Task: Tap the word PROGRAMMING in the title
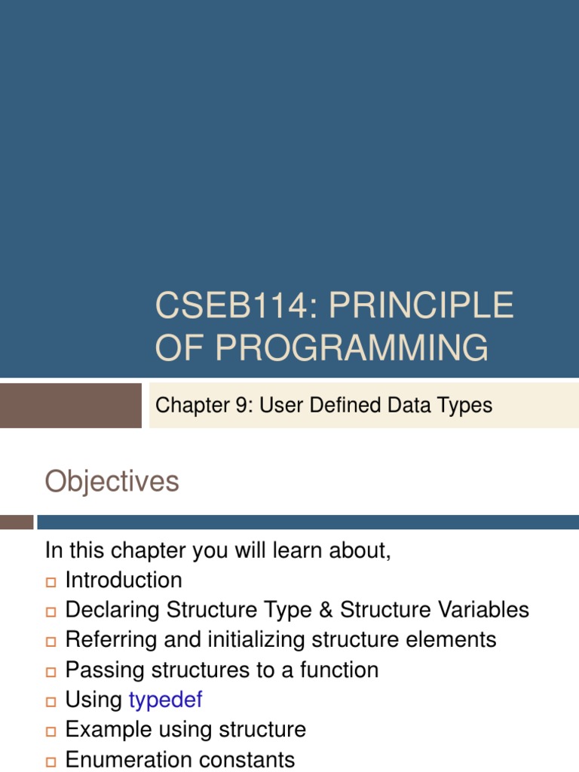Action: coord(352,348)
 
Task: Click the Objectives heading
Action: coord(112,482)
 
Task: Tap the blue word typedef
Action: coord(166,700)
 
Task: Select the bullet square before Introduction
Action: coord(51,581)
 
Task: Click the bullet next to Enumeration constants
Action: coord(51,761)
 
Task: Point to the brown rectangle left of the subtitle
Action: coord(71,406)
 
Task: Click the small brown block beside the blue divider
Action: coord(17,522)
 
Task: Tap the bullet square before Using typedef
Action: coord(51,701)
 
